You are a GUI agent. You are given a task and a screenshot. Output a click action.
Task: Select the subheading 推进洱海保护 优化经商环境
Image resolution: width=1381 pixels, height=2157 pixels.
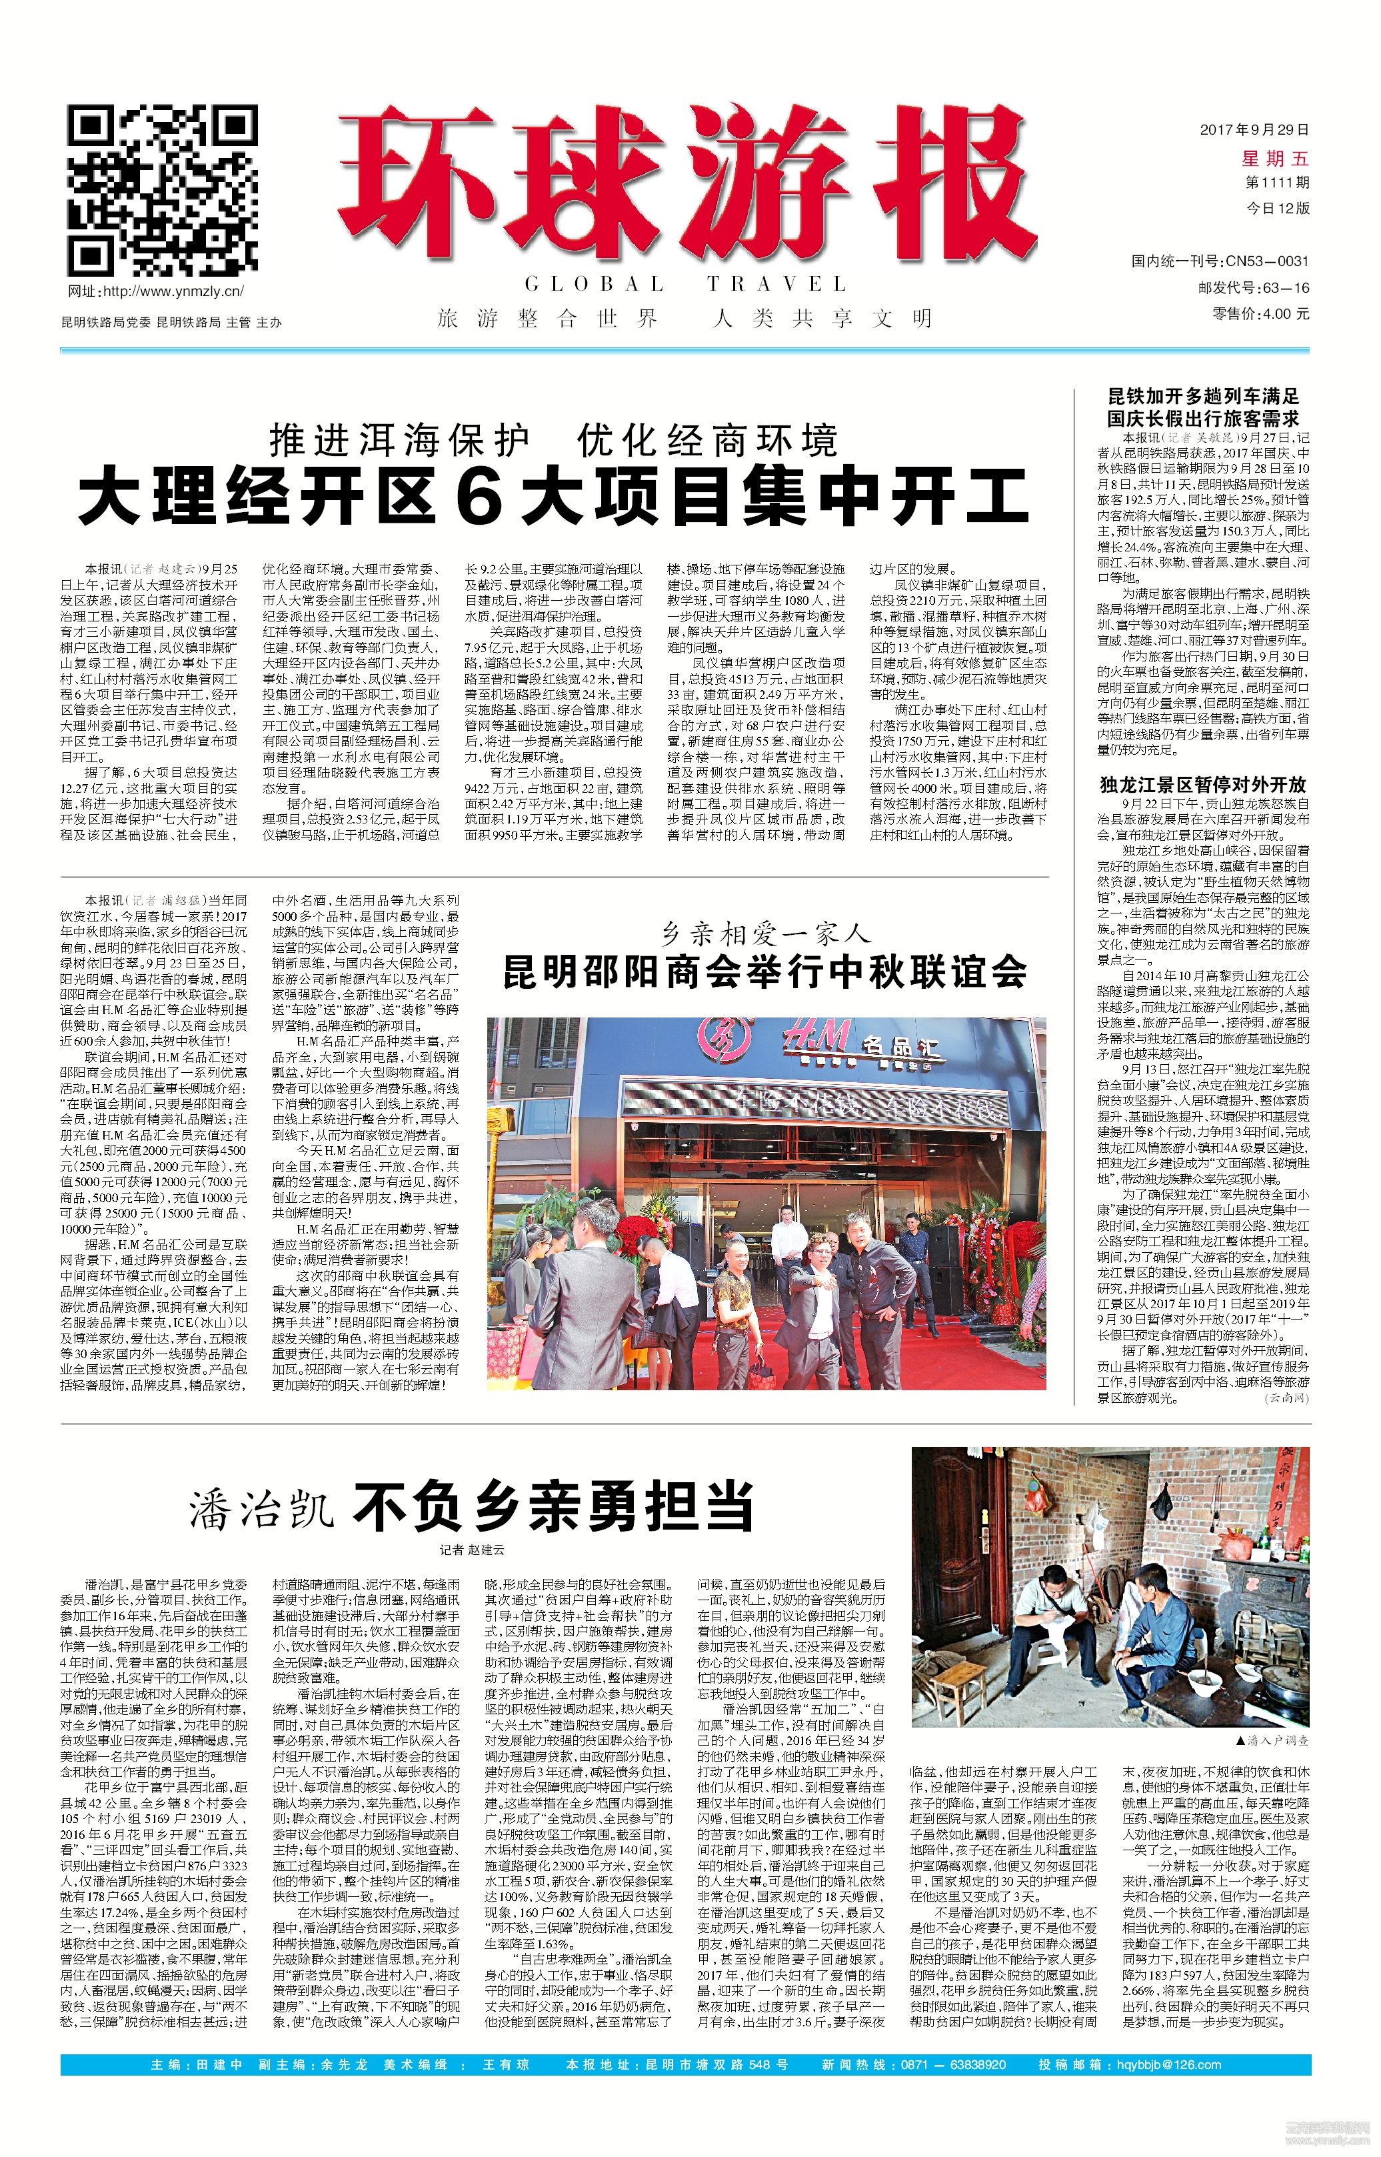pos(553,441)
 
